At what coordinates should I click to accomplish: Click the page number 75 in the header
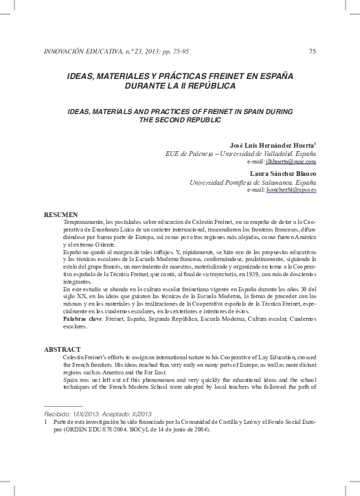coord(313,51)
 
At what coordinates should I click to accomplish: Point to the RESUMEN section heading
coord(60,215)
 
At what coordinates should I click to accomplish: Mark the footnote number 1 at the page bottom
coord(45,422)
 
